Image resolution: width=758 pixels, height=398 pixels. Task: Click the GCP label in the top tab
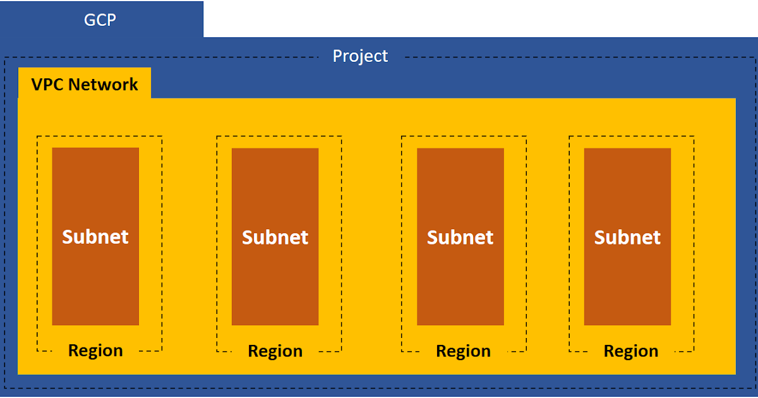point(100,20)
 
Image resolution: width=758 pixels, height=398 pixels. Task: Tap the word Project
point(360,56)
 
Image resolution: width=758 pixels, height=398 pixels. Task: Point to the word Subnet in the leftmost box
point(95,236)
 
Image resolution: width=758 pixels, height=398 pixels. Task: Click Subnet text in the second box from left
point(275,237)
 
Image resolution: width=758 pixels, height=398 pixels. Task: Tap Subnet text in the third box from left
point(460,237)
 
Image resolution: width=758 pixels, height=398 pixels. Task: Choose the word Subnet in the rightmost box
point(627,237)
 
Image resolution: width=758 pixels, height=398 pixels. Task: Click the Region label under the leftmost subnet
point(95,350)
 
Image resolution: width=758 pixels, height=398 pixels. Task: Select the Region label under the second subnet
point(275,351)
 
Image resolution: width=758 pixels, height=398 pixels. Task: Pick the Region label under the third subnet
point(463,351)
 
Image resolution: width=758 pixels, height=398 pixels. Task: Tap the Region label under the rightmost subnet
point(630,351)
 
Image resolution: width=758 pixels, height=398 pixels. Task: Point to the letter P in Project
point(338,56)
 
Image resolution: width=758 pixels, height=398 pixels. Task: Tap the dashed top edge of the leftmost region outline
point(99,136)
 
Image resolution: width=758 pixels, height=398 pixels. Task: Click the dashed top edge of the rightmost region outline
point(632,136)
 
